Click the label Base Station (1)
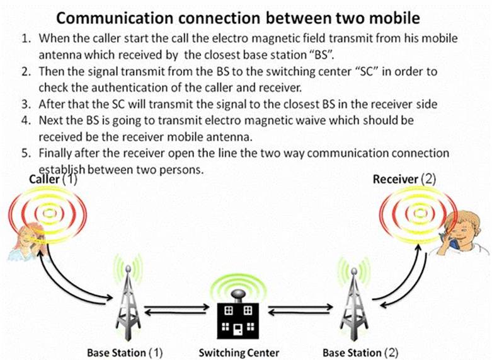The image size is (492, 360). (125, 352)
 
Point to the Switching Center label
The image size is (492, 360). (239, 352)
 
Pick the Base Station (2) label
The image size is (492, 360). (360, 352)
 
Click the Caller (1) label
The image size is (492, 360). (54, 180)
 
